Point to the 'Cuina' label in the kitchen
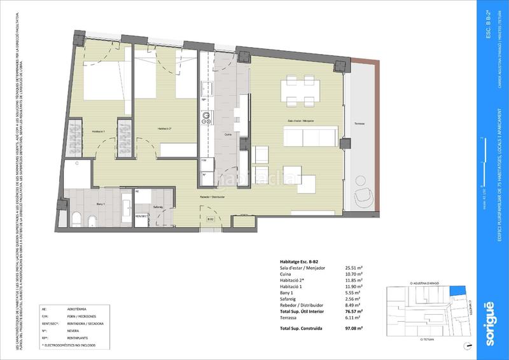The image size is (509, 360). coord(227,134)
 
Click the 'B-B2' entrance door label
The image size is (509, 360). coord(211,218)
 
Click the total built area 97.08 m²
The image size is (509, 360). coord(353,329)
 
